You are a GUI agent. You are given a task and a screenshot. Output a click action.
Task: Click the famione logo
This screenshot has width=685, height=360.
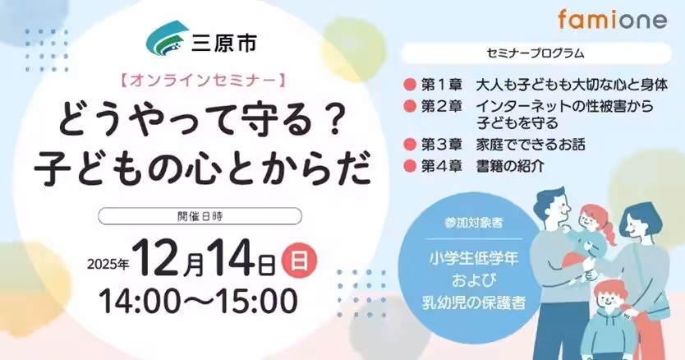pos(612,20)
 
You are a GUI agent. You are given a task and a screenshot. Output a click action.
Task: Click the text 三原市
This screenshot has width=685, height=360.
pos(223,43)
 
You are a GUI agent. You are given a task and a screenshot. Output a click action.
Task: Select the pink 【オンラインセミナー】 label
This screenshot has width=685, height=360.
pos(202,81)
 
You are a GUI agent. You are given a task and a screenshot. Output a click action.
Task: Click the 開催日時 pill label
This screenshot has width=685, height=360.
pos(200,216)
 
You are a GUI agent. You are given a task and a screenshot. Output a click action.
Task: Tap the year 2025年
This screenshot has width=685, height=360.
pos(108,264)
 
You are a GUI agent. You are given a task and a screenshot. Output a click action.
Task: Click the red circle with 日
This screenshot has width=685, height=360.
pos(299,261)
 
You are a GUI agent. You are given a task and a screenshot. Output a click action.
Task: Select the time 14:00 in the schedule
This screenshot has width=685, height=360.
pos(142,301)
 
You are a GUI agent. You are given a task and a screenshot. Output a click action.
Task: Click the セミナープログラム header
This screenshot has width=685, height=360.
pos(536,53)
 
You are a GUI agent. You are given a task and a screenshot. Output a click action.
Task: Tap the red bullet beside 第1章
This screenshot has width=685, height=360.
pos(410,85)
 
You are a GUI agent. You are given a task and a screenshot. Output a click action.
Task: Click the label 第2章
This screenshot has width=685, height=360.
pos(442,107)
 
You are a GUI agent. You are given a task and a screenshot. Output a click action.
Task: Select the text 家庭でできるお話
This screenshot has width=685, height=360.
pos(531,145)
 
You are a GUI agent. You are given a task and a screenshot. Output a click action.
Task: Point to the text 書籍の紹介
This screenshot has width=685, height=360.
pos(510,166)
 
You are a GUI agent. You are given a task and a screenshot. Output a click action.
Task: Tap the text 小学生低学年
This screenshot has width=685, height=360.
pos(473,259)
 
